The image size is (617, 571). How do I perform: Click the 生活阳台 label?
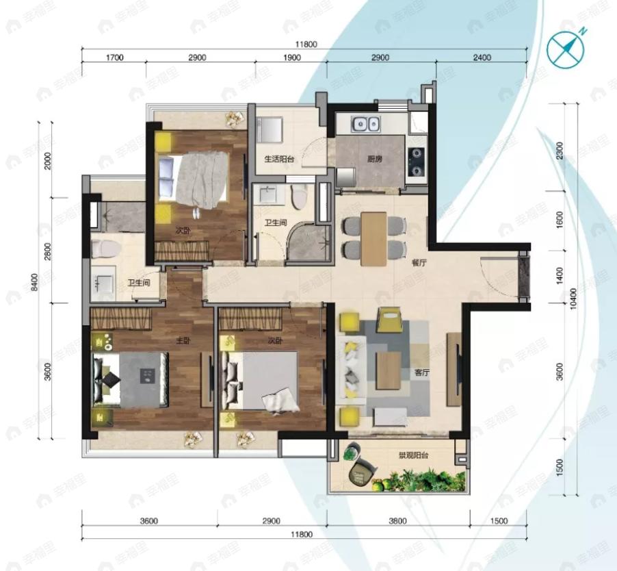279,159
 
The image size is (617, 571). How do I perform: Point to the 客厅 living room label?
421,373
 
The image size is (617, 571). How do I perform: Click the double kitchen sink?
366,125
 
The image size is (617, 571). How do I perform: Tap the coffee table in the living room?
387,370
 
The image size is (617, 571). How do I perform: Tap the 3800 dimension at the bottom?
397,521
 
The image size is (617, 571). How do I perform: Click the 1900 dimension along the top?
291,58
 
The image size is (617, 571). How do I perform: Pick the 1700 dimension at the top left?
114,58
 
